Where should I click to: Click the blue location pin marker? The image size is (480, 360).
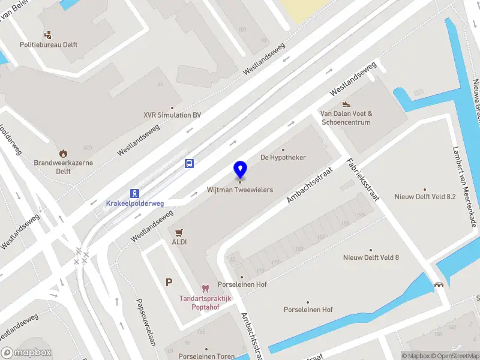coord(240,170)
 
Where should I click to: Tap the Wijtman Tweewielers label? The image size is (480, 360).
coord(240,190)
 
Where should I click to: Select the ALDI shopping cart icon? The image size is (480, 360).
coord(179,232)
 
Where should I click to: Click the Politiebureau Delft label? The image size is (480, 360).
coord(49,44)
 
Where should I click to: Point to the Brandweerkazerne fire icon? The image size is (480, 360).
coord(64,153)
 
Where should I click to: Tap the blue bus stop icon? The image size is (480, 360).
coord(190,163)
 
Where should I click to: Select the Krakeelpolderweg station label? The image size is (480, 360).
coord(135,203)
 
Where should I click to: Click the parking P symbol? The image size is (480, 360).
coord(169,282)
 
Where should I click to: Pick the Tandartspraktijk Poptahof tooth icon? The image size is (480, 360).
coord(206,289)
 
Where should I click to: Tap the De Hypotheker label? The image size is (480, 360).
coord(283,157)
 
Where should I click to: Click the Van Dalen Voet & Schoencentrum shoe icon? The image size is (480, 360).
coord(346,103)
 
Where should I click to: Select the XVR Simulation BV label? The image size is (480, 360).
coord(172,115)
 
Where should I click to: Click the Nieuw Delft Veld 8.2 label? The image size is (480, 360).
coord(425,196)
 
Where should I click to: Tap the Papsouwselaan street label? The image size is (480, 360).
coord(146,323)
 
